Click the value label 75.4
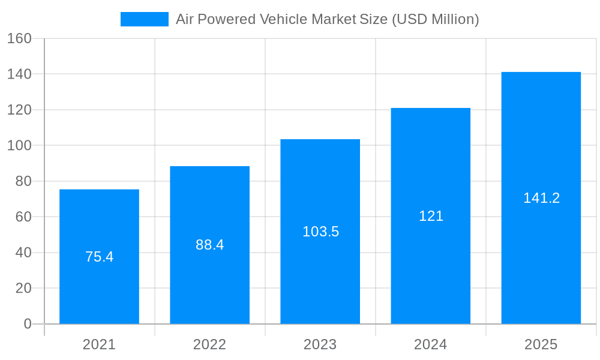coord(99,257)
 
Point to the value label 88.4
coord(209,245)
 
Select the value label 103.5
coord(320,232)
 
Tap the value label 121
coord(431,216)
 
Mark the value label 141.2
coord(541,198)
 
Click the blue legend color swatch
coord(144,19)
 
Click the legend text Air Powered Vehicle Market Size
coord(327,19)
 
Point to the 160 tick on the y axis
coord(19,38)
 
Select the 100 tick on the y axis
coord(19,146)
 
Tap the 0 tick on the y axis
coord(27,324)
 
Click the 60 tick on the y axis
coord(23,217)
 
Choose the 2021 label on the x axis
coord(99,344)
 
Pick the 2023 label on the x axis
coord(320,344)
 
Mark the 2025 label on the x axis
coord(541,344)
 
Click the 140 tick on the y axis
coord(19,74)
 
